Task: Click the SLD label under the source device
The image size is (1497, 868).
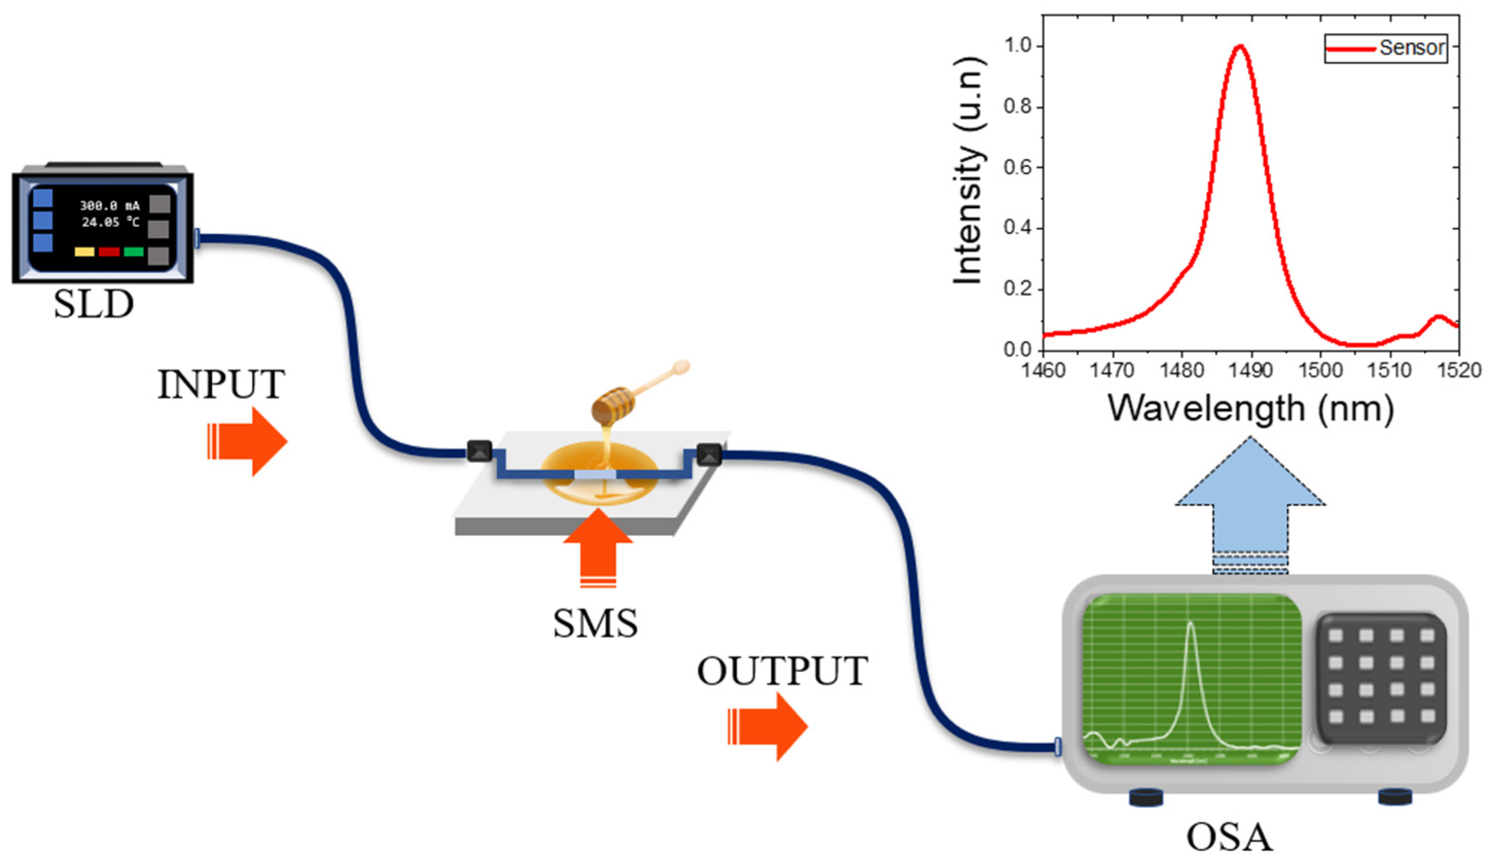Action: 93,305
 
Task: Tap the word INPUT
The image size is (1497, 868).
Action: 221,385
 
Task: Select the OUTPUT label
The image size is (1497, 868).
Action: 782,672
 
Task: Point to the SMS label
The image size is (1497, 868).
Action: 595,623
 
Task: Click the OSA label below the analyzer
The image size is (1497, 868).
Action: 1229,837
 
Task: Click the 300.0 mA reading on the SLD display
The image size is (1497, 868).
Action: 110,206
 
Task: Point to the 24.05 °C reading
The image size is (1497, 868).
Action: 111,222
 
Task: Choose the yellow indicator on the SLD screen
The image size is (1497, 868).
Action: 84,252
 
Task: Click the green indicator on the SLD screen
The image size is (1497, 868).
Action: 134,252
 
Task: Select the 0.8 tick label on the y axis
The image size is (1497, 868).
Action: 1017,107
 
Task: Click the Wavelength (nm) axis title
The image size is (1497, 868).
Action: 1250,409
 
